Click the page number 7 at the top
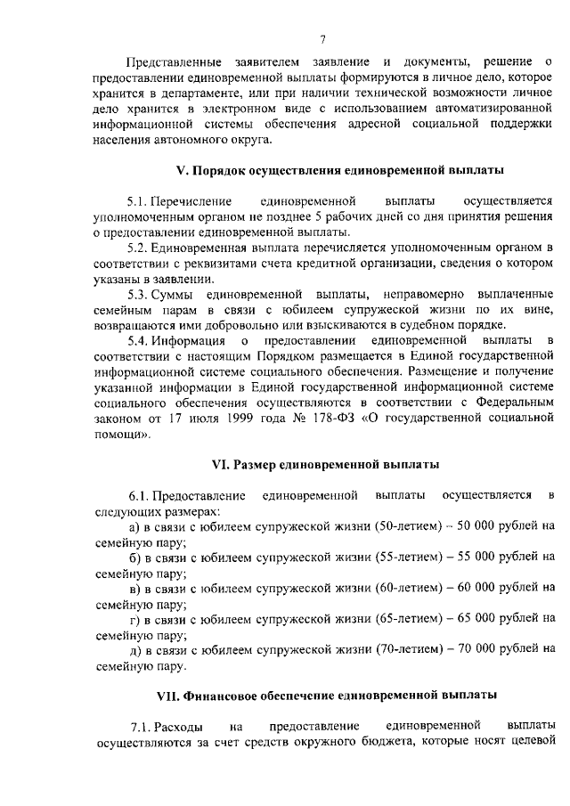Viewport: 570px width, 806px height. (x=322, y=37)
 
